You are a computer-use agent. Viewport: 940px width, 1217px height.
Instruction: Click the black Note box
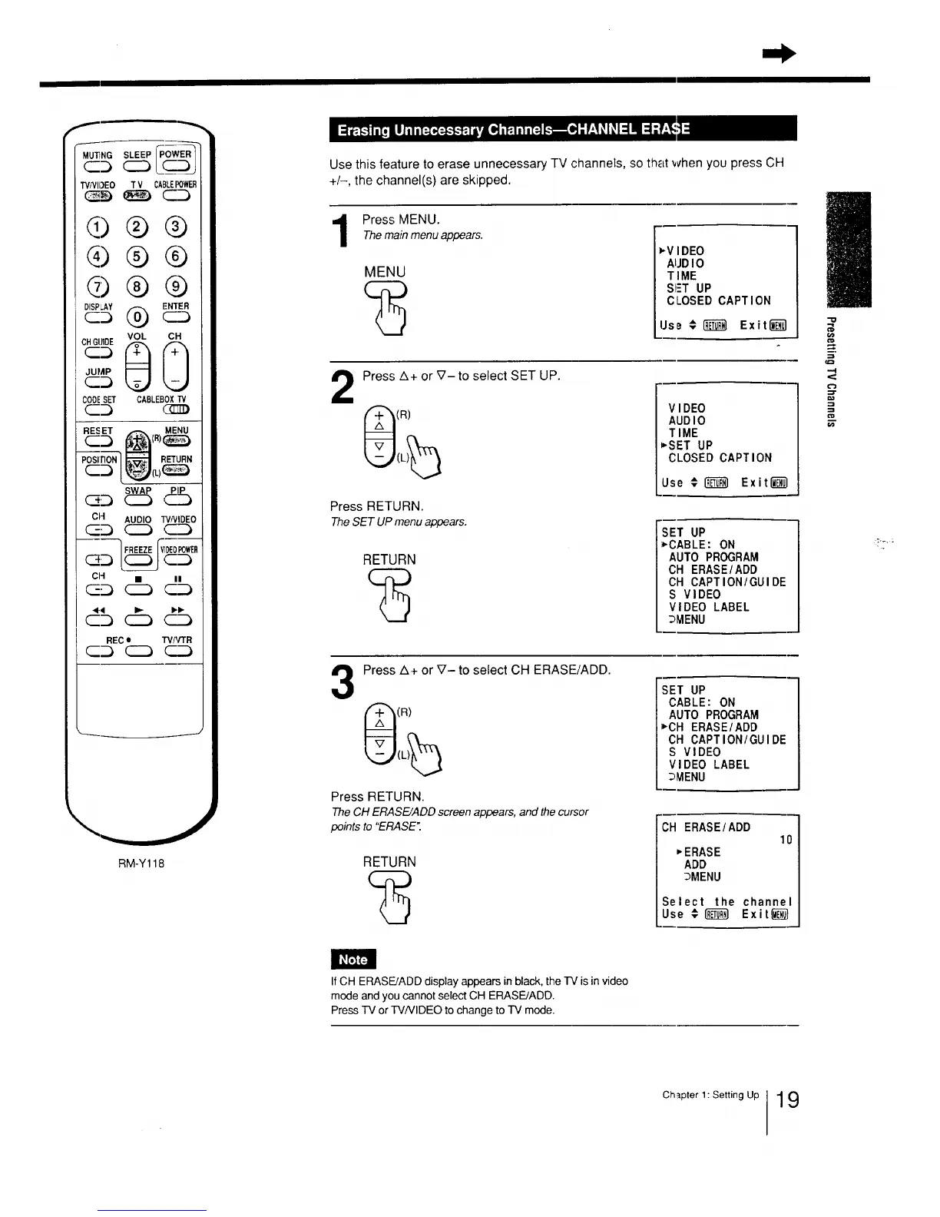click(353, 959)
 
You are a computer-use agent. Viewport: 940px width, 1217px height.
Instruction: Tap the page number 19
click(787, 1100)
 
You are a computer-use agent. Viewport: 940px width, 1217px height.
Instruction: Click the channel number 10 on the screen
click(786, 840)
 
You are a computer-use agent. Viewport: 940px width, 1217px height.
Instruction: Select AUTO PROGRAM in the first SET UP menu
click(713, 557)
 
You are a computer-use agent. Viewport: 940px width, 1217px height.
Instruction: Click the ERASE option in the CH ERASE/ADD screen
click(702, 852)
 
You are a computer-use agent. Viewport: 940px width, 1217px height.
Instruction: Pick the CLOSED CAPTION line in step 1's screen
click(718, 300)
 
